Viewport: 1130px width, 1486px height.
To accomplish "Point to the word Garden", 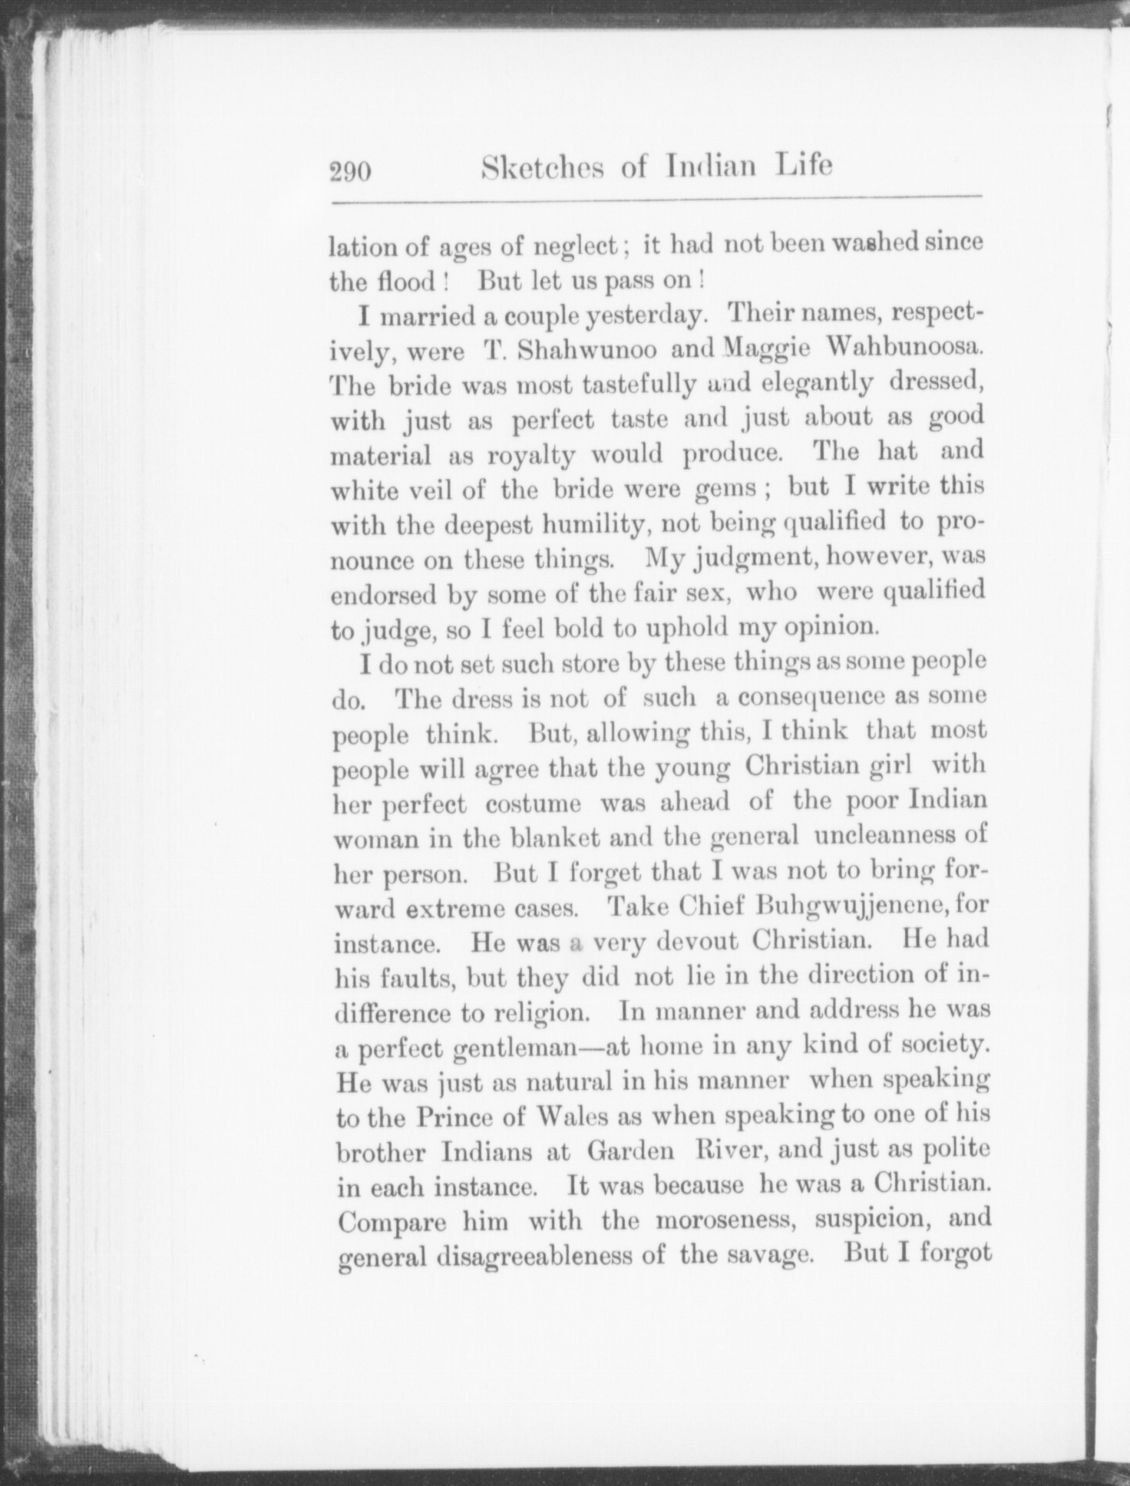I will (631, 1151).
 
